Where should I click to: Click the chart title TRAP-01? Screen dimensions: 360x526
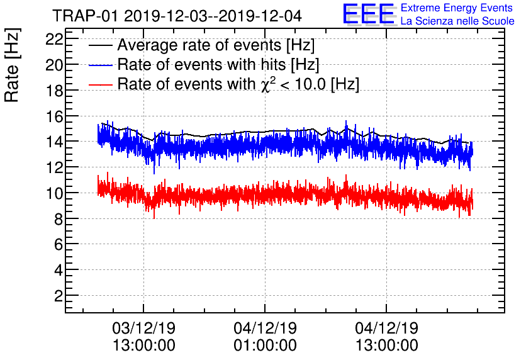(176, 14)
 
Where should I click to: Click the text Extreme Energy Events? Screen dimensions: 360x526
(457, 8)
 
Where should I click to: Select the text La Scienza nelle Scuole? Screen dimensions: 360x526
(457, 21)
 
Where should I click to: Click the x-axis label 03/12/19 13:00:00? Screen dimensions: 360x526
(144, 336)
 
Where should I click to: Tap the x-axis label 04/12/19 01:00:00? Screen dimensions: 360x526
(265, 336)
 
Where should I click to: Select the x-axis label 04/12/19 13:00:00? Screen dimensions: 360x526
(386, 336)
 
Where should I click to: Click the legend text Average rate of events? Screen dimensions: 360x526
(216, 45)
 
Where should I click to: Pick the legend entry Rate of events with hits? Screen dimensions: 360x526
(218, 64)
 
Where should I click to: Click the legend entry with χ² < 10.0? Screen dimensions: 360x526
(238, 84)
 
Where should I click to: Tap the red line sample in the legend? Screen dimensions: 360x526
(101, 84)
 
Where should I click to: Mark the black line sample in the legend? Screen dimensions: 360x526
(101, 46)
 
